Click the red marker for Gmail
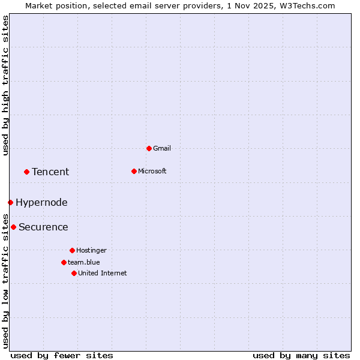(x=149, y=148)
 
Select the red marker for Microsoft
(x=134, y=171)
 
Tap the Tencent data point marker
(x=26, y=172)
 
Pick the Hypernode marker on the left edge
(x=10, y=202)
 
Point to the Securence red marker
(x=13, y=227)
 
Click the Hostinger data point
(x=72, y=250)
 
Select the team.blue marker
(x=64, y=262)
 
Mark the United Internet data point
(x=74, y=273)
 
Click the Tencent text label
(x=50, y=172)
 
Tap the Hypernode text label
(x=41, y=202)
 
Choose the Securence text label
(x=43, y=227)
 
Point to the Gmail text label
(x=162, y=148)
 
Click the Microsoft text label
(x=152, y=171)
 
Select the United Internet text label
(x=103, y=273)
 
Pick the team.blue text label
(x=84, y=262)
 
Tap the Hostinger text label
(x=91, y=250)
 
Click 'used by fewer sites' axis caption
(x=62, y=355)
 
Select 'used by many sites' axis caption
(x=301, y=355)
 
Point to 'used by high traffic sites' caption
(x=5, y=85)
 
